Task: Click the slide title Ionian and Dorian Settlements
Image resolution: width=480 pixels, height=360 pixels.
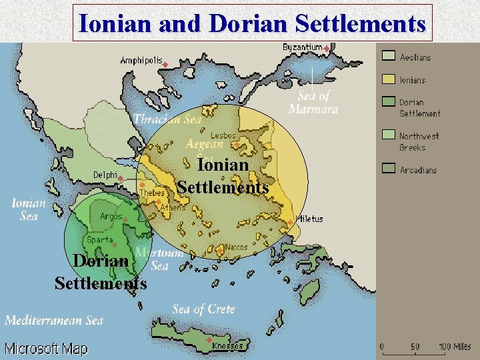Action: (252, 23)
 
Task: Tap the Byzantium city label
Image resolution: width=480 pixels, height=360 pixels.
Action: (302, 47)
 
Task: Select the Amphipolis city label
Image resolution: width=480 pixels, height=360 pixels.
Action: (141, 61)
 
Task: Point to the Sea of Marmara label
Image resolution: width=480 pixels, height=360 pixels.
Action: (313, 102)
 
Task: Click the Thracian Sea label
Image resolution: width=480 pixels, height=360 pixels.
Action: (167, 120)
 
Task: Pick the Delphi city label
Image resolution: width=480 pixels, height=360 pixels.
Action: (105, 175)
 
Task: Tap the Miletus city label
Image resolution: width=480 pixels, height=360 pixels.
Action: (310, 219)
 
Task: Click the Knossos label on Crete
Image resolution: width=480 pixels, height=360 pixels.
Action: (227, 346)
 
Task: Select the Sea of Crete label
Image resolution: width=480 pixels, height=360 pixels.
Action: (203, 309)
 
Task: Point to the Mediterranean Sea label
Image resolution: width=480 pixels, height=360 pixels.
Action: (54, 320)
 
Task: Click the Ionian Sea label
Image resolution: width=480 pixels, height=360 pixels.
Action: (29, 209)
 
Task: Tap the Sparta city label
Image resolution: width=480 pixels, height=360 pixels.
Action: (99, 239)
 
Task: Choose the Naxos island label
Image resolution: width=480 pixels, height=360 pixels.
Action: (237, 247)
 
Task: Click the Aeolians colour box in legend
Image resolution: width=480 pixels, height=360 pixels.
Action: (389, 56)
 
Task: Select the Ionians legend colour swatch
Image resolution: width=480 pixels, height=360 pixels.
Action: (389, 79)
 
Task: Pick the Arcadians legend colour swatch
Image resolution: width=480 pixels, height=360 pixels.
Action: (389, 169)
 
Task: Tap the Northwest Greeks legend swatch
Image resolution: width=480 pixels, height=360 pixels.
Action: (389, 135)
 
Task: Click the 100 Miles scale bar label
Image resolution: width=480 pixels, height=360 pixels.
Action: (453, 347)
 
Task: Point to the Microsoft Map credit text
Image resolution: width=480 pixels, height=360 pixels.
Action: (46, 349)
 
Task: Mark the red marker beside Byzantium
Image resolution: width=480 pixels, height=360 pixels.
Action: (326, 48)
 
